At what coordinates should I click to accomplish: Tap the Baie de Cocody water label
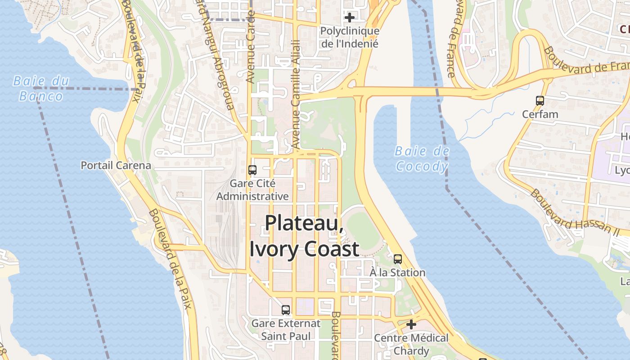[x=422, y=159]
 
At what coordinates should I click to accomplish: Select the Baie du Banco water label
[x=41, y=88]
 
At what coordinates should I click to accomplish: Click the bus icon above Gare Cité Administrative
[x=252, y=170]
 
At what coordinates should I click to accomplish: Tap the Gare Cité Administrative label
[x=252, y=190]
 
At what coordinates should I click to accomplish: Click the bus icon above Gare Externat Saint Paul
[x=286, y=310]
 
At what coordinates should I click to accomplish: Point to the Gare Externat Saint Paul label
[x=286, y=330]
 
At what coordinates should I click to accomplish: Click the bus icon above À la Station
[x=398, y=259]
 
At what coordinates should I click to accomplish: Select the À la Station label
[x=397, y=273]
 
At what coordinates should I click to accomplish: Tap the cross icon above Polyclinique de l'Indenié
[x=350, y=18]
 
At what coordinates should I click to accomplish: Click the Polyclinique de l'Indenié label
[x=350, y=37]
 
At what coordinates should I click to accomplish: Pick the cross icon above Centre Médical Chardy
[x=411, y=324]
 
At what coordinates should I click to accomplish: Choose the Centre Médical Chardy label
[x=411, y=344]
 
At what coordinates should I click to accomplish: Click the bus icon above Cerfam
[x=540, y=101]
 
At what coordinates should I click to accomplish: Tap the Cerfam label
[x=540, y=114]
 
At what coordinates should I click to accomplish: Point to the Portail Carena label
[x=116, y=165]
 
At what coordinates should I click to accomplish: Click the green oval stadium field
[x=362, y=231]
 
